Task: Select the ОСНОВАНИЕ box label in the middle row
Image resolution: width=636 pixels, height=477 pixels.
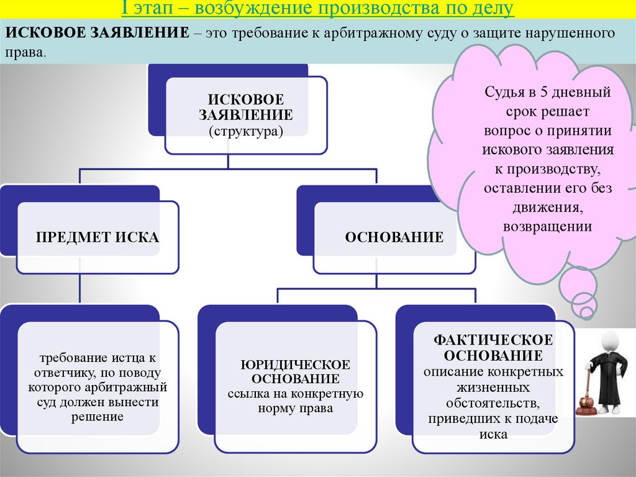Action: pyautogui.click(x=394, y=237)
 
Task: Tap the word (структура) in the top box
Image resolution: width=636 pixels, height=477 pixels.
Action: pyautogui.click(x=246, y=131)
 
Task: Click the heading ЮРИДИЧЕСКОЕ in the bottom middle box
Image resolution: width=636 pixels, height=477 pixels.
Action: pyautogui.click(x=295, y=364)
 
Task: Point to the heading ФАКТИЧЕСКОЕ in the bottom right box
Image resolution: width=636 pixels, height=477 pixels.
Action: pyautogui.click(x=494, y=340)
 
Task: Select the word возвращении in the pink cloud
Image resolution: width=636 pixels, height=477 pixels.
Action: pyautogui.click(x=547, y=226)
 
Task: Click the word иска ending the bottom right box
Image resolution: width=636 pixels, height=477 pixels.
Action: pyautogui.click(x=494, y=434)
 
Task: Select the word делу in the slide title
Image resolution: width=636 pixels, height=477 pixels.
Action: pyautogui.click(x=494, y=9)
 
